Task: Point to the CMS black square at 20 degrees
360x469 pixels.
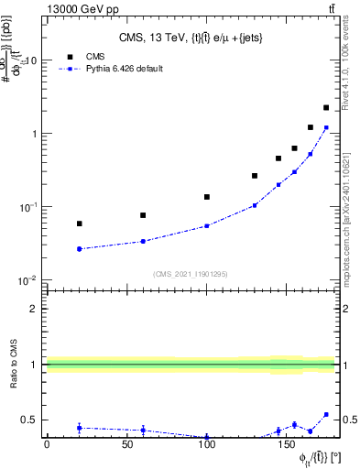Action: point(80,224)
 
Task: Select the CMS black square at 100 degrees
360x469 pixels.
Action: point(207,197)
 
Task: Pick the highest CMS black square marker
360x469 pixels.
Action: point(326,108)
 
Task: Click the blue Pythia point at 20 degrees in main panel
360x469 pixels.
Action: point(80,248)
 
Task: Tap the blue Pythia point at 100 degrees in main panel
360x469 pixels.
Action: point(207,225)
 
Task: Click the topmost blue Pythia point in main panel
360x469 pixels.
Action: point(326,128)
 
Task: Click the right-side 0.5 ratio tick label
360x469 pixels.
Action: point(349,420)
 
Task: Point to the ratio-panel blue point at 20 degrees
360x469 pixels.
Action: point(80,428)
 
